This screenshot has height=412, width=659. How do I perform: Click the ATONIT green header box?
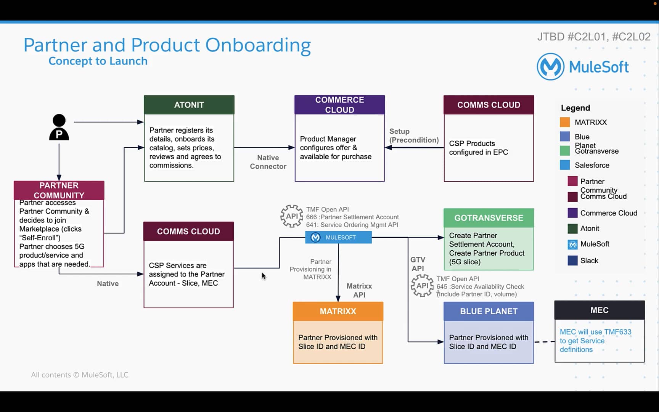[x=189, y=105]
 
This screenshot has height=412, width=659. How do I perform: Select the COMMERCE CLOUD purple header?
[x=339, y=105]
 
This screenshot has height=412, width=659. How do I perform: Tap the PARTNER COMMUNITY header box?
[x=59, y=190]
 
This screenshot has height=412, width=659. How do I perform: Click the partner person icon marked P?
[x=59, y=127]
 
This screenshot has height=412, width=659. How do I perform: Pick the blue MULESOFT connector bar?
[x=338, y=237]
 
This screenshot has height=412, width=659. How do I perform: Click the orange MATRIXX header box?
[x=338, y=311]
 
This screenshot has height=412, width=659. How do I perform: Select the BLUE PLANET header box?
[x=489, y=311]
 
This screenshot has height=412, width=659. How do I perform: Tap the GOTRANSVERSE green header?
[x=489, y=218]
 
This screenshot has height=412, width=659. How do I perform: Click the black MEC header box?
[x=599, y=310]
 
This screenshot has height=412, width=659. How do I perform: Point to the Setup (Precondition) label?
[x=414, y=136]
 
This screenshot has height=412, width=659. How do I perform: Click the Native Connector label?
[x=268, y=162]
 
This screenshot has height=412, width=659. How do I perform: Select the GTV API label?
[x=418, y=264]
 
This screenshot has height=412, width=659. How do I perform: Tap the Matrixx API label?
[x=359, y=290]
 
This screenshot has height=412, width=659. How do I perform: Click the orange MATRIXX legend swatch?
[x=565, y=122]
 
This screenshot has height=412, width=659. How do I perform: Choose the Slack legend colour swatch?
[x=572, y=261]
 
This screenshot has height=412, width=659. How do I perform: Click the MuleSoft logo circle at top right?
[x=550, y=67]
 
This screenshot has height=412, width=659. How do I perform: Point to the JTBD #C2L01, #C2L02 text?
[x=593, y=37]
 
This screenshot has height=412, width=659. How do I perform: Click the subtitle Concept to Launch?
[x=98, y=61]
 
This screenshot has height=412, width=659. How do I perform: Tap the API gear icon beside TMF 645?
[x=422, y=286]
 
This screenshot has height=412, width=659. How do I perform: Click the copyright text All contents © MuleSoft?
[x=80, y=375]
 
